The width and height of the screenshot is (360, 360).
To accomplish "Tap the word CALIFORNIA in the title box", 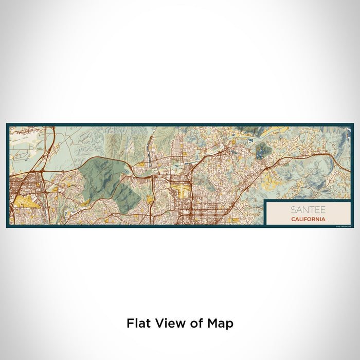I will (308, 219).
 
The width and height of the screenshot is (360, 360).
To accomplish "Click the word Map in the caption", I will (221, 323).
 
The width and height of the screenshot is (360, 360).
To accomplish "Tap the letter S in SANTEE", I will (293, 210).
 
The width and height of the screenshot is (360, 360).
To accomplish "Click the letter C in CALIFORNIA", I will (292, 219).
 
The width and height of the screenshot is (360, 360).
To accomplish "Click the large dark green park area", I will (105, 177).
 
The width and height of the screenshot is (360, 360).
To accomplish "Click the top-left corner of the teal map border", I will (7, 124).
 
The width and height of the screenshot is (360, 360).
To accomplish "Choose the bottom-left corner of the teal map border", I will (7, 227).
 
